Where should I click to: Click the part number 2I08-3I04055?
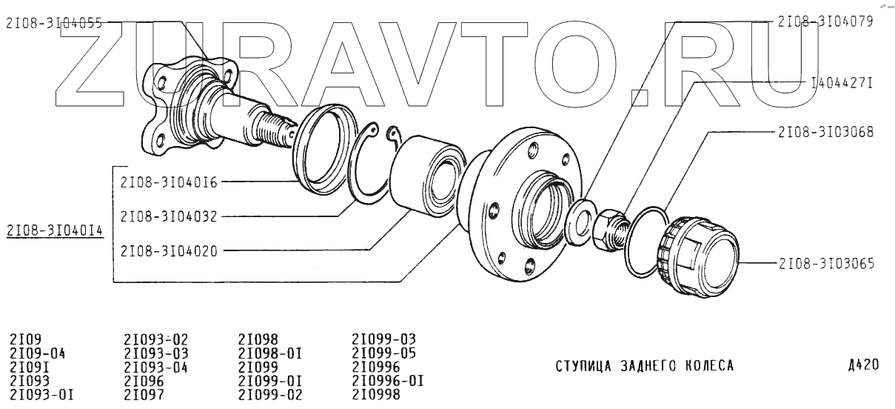tap(54, 24)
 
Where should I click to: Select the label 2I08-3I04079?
tap(825, 21)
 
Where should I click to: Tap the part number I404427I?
tap(842, 83)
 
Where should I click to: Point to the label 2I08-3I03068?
tap(826, 132)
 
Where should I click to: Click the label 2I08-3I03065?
tap(826, 264)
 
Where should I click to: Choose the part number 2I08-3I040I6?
tap(169, 183)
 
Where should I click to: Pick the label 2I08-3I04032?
tap(169, 216)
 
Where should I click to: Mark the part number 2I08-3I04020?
tap(169, 251)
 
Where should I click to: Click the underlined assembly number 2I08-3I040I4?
tap(55, 230)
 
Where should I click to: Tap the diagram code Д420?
tap(864, 365)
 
